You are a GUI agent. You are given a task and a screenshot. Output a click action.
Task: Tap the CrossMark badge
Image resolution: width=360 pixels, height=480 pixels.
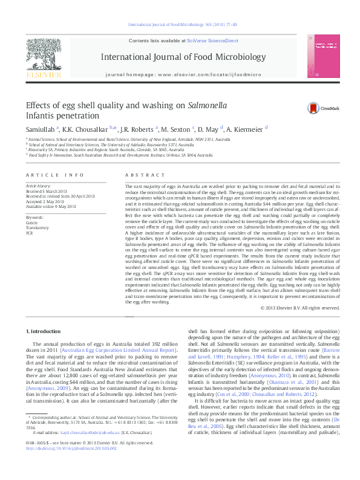click(321, 108)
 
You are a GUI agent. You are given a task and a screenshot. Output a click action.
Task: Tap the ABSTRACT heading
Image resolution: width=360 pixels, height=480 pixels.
click(136, 175)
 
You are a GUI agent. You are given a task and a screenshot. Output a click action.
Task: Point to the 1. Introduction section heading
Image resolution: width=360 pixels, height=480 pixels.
click(45, 332)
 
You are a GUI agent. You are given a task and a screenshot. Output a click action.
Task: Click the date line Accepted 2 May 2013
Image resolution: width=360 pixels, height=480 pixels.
click(46, 201)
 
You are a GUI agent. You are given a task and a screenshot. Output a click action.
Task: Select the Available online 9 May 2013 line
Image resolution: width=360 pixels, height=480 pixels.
click(50, 207)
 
